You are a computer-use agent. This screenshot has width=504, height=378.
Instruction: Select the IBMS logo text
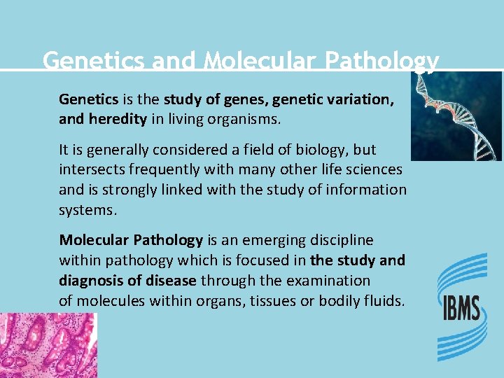[x=461, y=309]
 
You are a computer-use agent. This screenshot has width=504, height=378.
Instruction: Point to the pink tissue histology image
[x=48, y=345]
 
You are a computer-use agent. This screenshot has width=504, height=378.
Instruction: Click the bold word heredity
[x=118, y=119]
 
